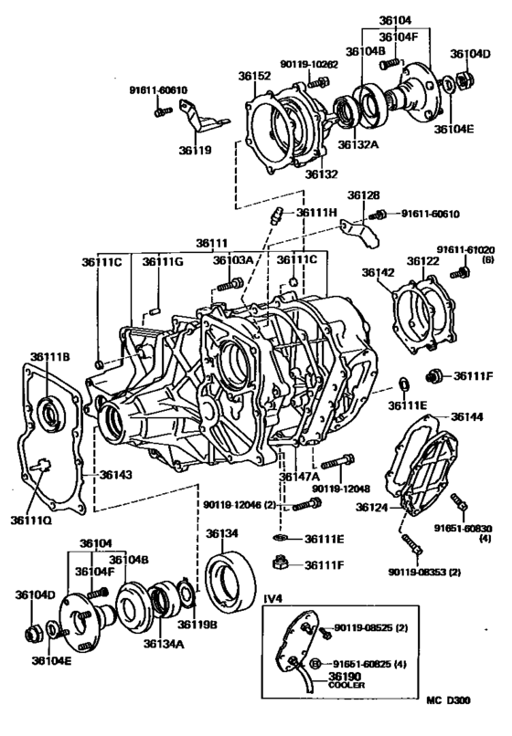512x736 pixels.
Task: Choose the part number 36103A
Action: pos(233,260)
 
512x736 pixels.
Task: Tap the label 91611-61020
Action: pos(464,248)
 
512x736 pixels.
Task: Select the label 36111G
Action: pos(162,261)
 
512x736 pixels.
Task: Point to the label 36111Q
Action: pos(34,520)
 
